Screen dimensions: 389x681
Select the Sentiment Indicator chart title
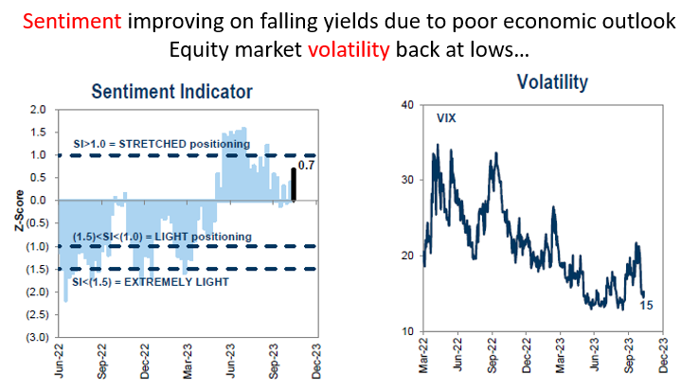171,92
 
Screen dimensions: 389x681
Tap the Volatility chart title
552,83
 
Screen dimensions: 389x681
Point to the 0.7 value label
306,166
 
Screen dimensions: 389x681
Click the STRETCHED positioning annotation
161,144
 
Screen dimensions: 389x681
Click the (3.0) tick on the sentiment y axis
36,338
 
